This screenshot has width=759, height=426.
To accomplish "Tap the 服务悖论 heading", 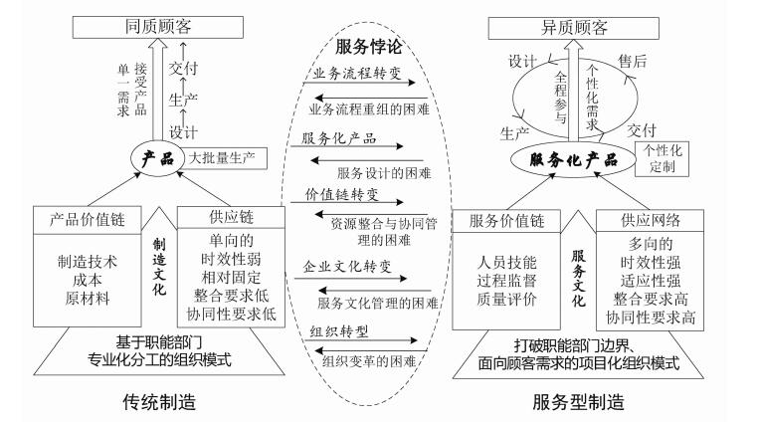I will click(377, 46).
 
